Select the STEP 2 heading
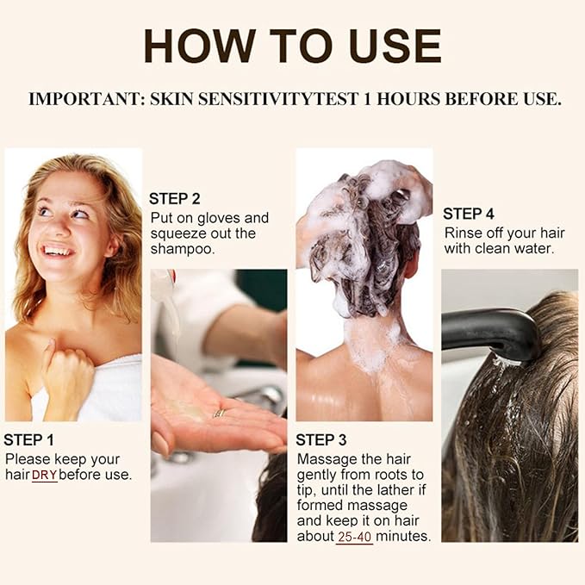[175, 198]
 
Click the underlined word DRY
[44, 475]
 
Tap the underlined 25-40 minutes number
[354, 536]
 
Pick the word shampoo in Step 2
[182, 249]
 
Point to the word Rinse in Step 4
[463, 233]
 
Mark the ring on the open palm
[221, 413]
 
